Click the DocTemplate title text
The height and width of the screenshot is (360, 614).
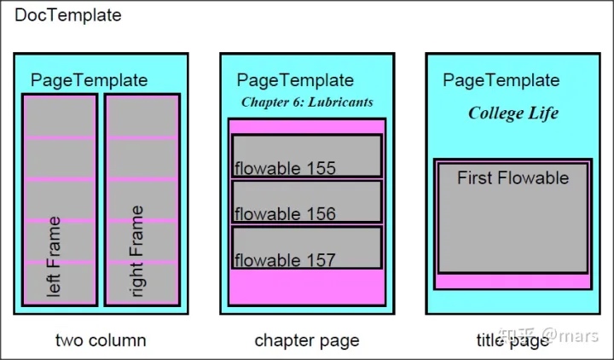[68, 15]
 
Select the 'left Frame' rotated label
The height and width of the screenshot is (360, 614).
[54, 256]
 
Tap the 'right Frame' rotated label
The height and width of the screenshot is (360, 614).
[136, 251]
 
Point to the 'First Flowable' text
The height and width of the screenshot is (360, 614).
[513, 178]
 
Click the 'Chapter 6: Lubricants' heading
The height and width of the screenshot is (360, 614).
[307, 102]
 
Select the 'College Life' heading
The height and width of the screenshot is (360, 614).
[513, 113]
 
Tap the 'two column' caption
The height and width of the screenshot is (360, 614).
[101, 340]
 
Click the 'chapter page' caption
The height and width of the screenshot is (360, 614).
[307, 340]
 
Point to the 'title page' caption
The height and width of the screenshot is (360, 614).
[513, 340]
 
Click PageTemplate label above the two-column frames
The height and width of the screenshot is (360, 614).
[90, 80]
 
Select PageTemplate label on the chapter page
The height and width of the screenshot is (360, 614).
[295, 80]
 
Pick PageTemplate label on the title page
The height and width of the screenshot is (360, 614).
[501, 80]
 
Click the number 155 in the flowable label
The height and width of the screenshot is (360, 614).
[321, 168]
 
